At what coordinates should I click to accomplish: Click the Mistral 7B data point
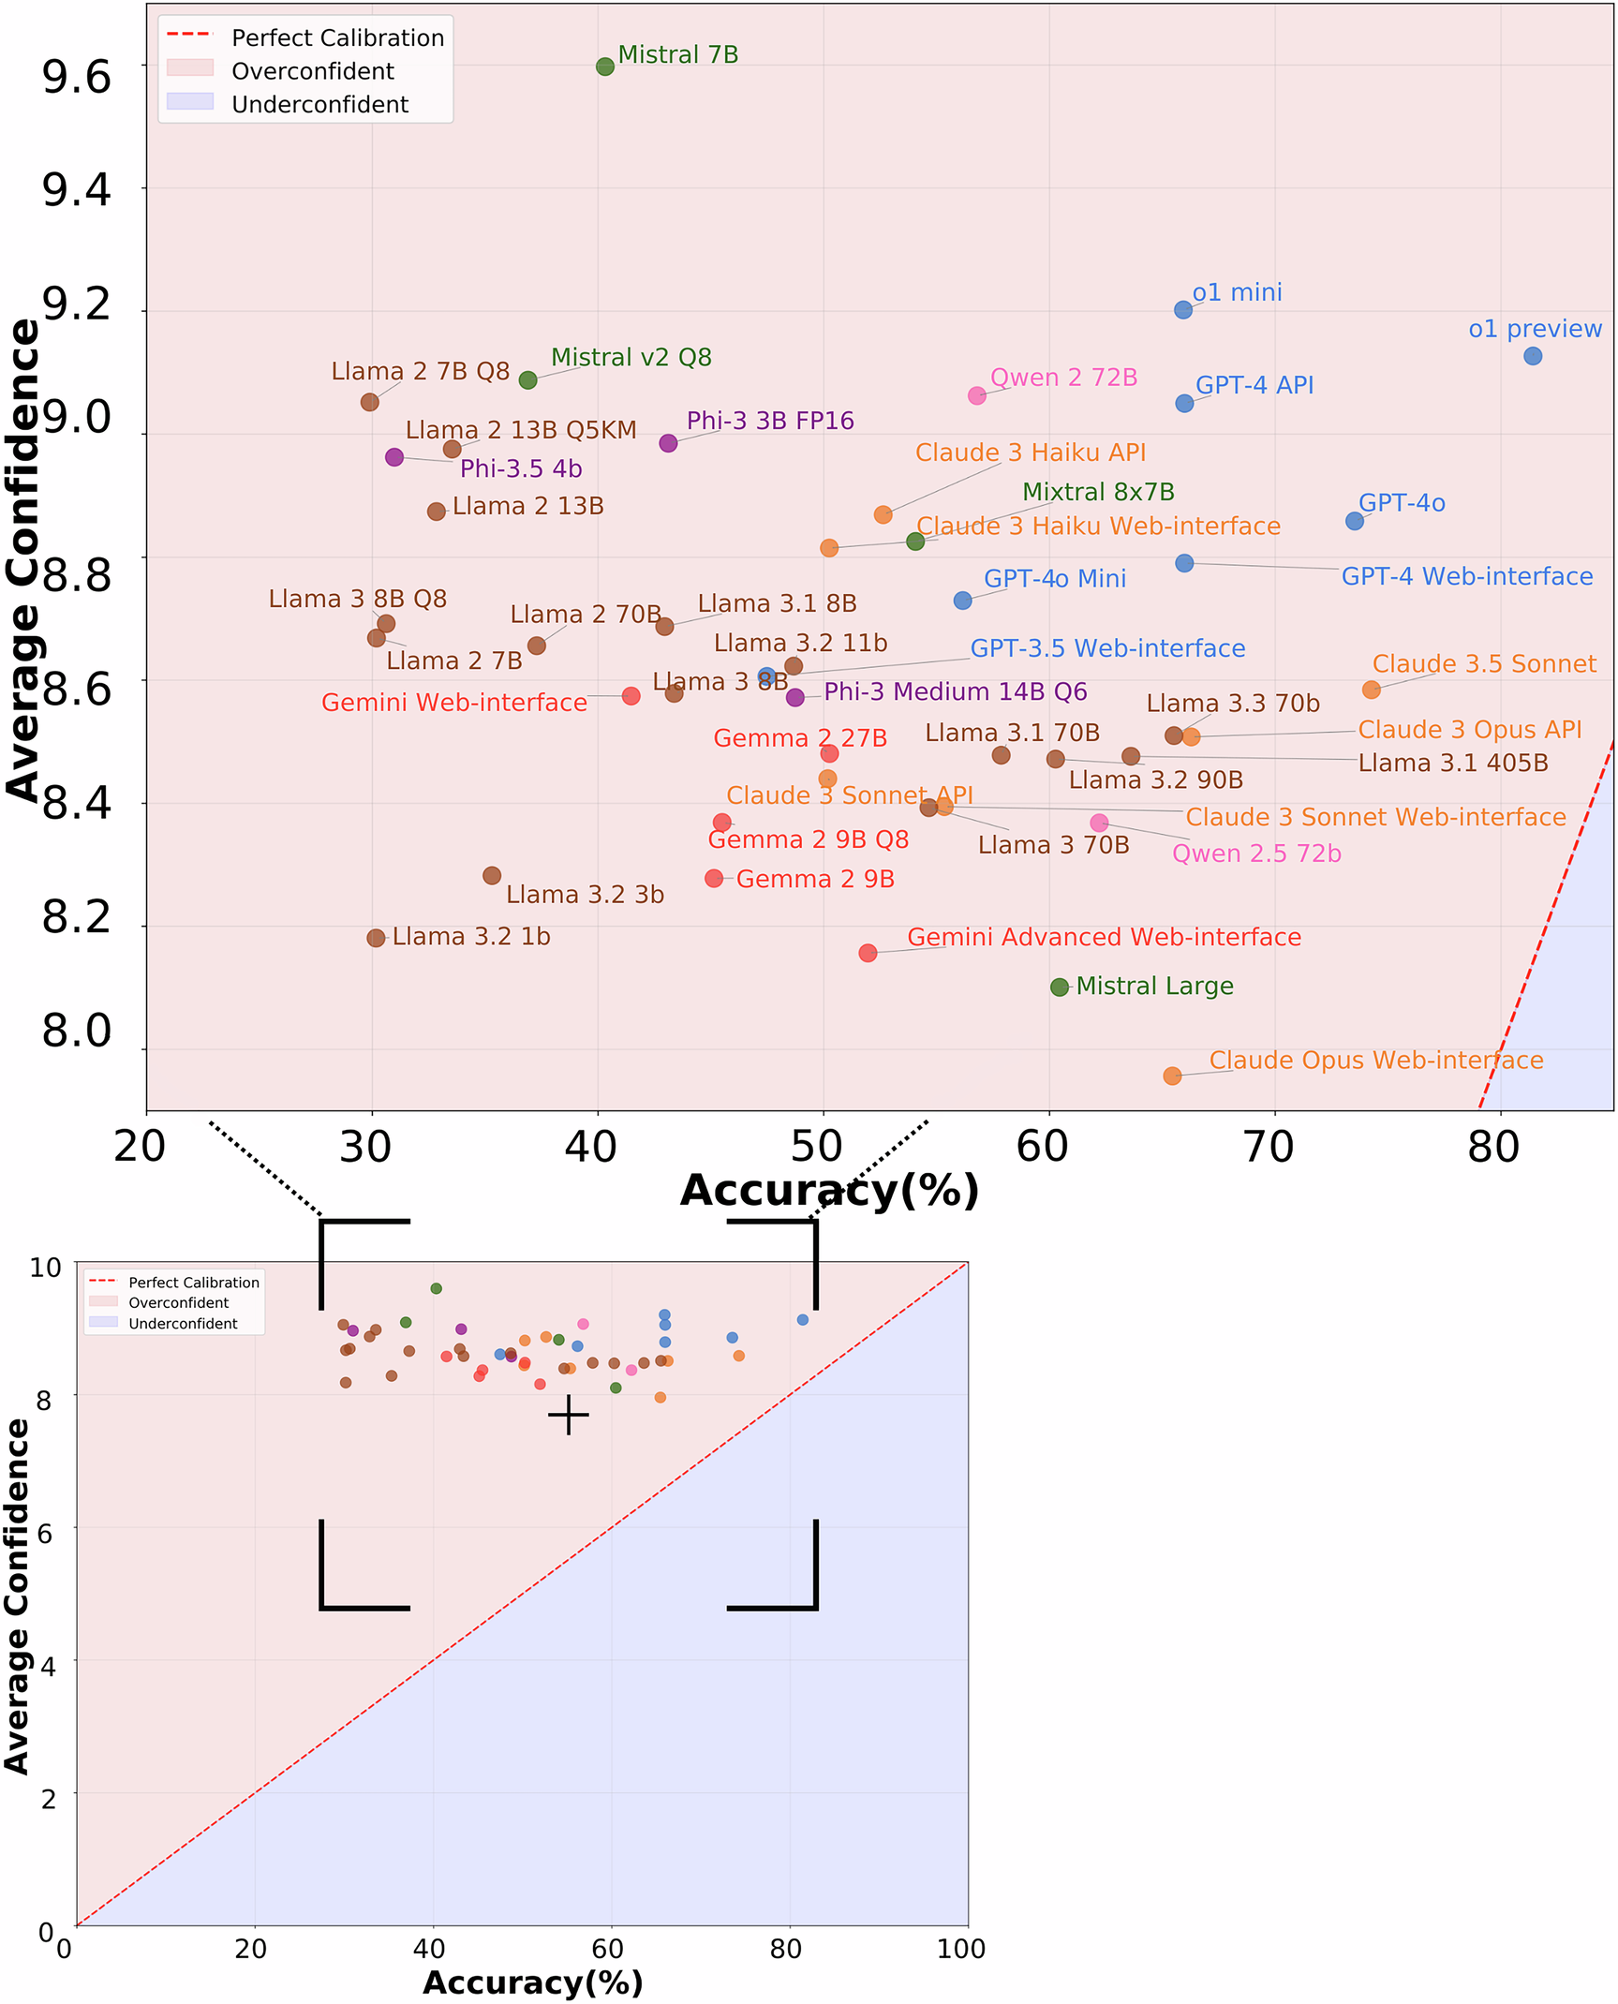click(x=605, y=67)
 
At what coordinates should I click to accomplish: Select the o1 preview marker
click(x=1533, y=356)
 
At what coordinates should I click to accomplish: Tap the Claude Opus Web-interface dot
click(x=1172, y=1076)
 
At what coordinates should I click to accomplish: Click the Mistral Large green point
click(x=1060, y=987)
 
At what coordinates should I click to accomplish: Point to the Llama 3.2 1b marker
click(x=376, y=938)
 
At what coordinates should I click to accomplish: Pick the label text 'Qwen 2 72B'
click(x=1063, y=378)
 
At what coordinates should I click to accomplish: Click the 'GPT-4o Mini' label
click(x=1054, y=579)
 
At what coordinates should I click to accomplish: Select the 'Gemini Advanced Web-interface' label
click(x=1104, y=937)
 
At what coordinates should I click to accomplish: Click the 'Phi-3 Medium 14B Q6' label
click(x=955, y=691)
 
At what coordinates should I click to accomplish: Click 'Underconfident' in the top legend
click(x=319, y=104)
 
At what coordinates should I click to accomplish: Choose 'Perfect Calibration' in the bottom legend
click(x=193, y=1283)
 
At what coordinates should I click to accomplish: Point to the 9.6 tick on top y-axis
click(x=76, y=76)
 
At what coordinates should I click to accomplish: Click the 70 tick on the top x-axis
click(x=1269, y=1147)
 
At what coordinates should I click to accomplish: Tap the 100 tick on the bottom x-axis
click(x=960, y=1950)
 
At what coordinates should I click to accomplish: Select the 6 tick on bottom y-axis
click(x=43, y=1534)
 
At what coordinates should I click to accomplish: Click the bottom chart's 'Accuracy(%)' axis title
click(x=532, y=1983)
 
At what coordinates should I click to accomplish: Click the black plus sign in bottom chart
click(x=568, y=1415)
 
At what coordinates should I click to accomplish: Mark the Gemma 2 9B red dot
click(x=714, y=878)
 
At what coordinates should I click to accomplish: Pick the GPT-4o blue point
click(x=1355, y=521)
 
